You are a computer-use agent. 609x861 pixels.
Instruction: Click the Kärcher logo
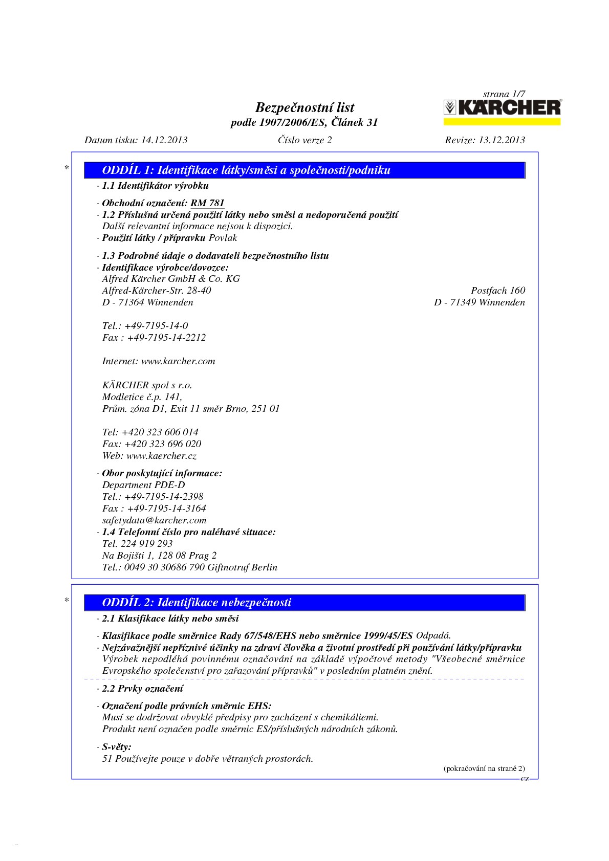[x=502, y=108]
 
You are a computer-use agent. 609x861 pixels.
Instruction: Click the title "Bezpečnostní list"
[x=304, y=107]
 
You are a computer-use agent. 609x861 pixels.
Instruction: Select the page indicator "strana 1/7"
[x=504, y=94]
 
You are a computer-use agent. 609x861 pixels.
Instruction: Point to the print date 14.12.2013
[x=164, y=140]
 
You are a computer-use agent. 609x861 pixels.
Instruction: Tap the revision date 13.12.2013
[x=502, y=140]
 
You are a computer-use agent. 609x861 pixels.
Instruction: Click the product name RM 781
[x=207, y=203]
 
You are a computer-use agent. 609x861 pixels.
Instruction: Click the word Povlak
[x=223, y=238]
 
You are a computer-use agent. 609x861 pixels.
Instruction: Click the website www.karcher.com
[x=178, y=361]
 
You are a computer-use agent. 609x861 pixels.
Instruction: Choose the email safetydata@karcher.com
[x=154, y=520]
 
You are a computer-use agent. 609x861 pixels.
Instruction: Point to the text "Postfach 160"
[x=498, y=291]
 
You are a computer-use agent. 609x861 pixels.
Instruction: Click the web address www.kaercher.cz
[x=161, y=456]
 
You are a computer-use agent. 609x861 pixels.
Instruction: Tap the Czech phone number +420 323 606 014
[x=160, y=432]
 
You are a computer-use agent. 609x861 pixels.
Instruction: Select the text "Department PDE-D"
[x=143, y=485]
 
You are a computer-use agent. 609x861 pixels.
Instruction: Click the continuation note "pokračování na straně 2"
[x=484, y=768]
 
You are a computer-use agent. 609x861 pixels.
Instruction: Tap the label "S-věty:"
[x=117, y=747]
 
